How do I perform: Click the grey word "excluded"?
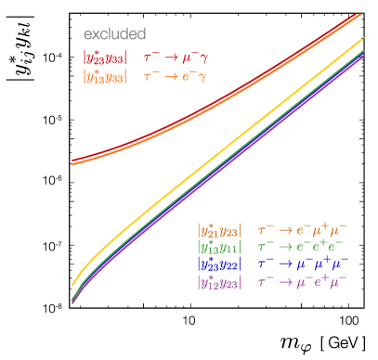pos(114,34)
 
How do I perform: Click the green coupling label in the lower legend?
pos(219,247)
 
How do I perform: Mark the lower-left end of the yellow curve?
pos(73,285)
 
